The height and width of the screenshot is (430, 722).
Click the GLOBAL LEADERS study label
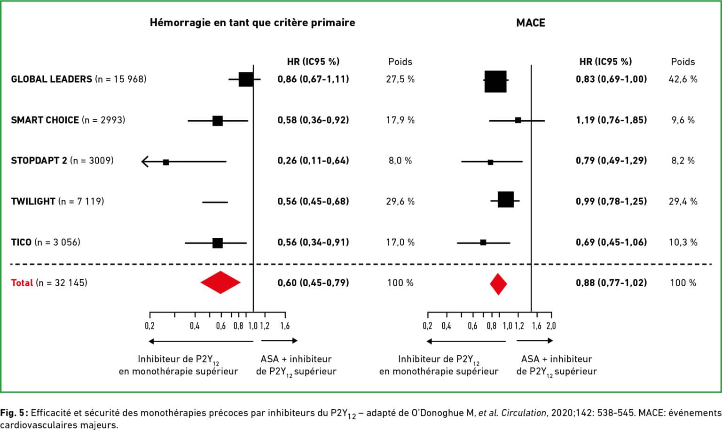pyautogui.click(x=52, y=79)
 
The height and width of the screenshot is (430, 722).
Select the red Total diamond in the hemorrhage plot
pyautogui.click(x=220, y=282)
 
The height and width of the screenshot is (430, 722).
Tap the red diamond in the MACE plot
pyautogui.click(x=498, y=284)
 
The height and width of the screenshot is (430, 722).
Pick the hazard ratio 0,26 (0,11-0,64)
pyautogui.click(x=313, y=161)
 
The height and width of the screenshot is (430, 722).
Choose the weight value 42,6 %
pyautogui.click(x=683, y=79)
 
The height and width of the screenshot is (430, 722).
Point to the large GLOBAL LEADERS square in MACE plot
pyautogui.click(x=495, y=81)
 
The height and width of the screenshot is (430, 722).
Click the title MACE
pyautogui.click(x=530, y=23)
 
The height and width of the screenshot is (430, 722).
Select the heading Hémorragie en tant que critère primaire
pyautogui.click(x=252, y=23)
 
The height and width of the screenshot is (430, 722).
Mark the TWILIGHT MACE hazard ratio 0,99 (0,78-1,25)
pyautogui.click(x=611, y=202)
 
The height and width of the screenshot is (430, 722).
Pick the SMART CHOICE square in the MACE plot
pyautogui.click(x=518, y=120)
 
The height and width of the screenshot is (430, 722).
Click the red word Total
pyautogui.click(x=22, y=283)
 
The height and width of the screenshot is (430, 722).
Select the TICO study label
pyautogui.click(x=21, y=242)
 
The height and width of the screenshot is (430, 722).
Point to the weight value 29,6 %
pyautogui.click(x=400, y=202)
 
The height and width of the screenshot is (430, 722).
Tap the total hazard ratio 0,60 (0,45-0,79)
pyautogui.click(x=313, y=283)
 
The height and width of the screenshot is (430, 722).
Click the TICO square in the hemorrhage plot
pyautogui.click(x=218, y=243)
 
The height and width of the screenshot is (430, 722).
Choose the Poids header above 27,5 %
pyautogui.click(x=400, y=62)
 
